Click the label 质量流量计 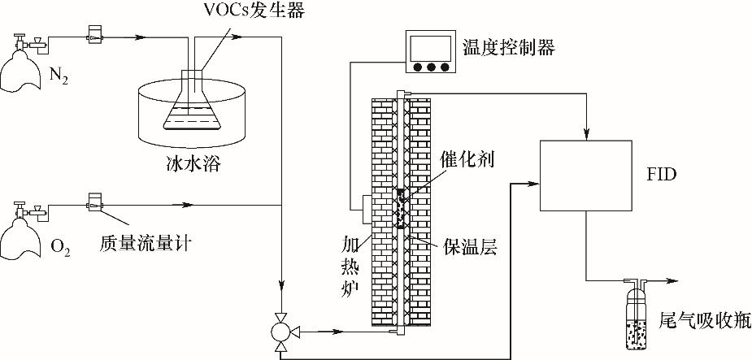146,242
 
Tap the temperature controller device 430,53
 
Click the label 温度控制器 508,48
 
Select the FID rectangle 585,174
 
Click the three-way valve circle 280,331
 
